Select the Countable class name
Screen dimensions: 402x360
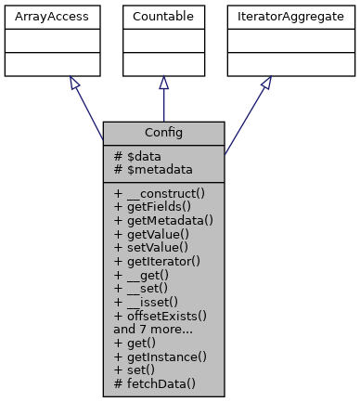pos(163,17)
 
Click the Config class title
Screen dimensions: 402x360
pos(163,133)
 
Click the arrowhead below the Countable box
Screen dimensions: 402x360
pos(163,83)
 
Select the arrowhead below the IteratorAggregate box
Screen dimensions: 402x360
pos(266,83)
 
